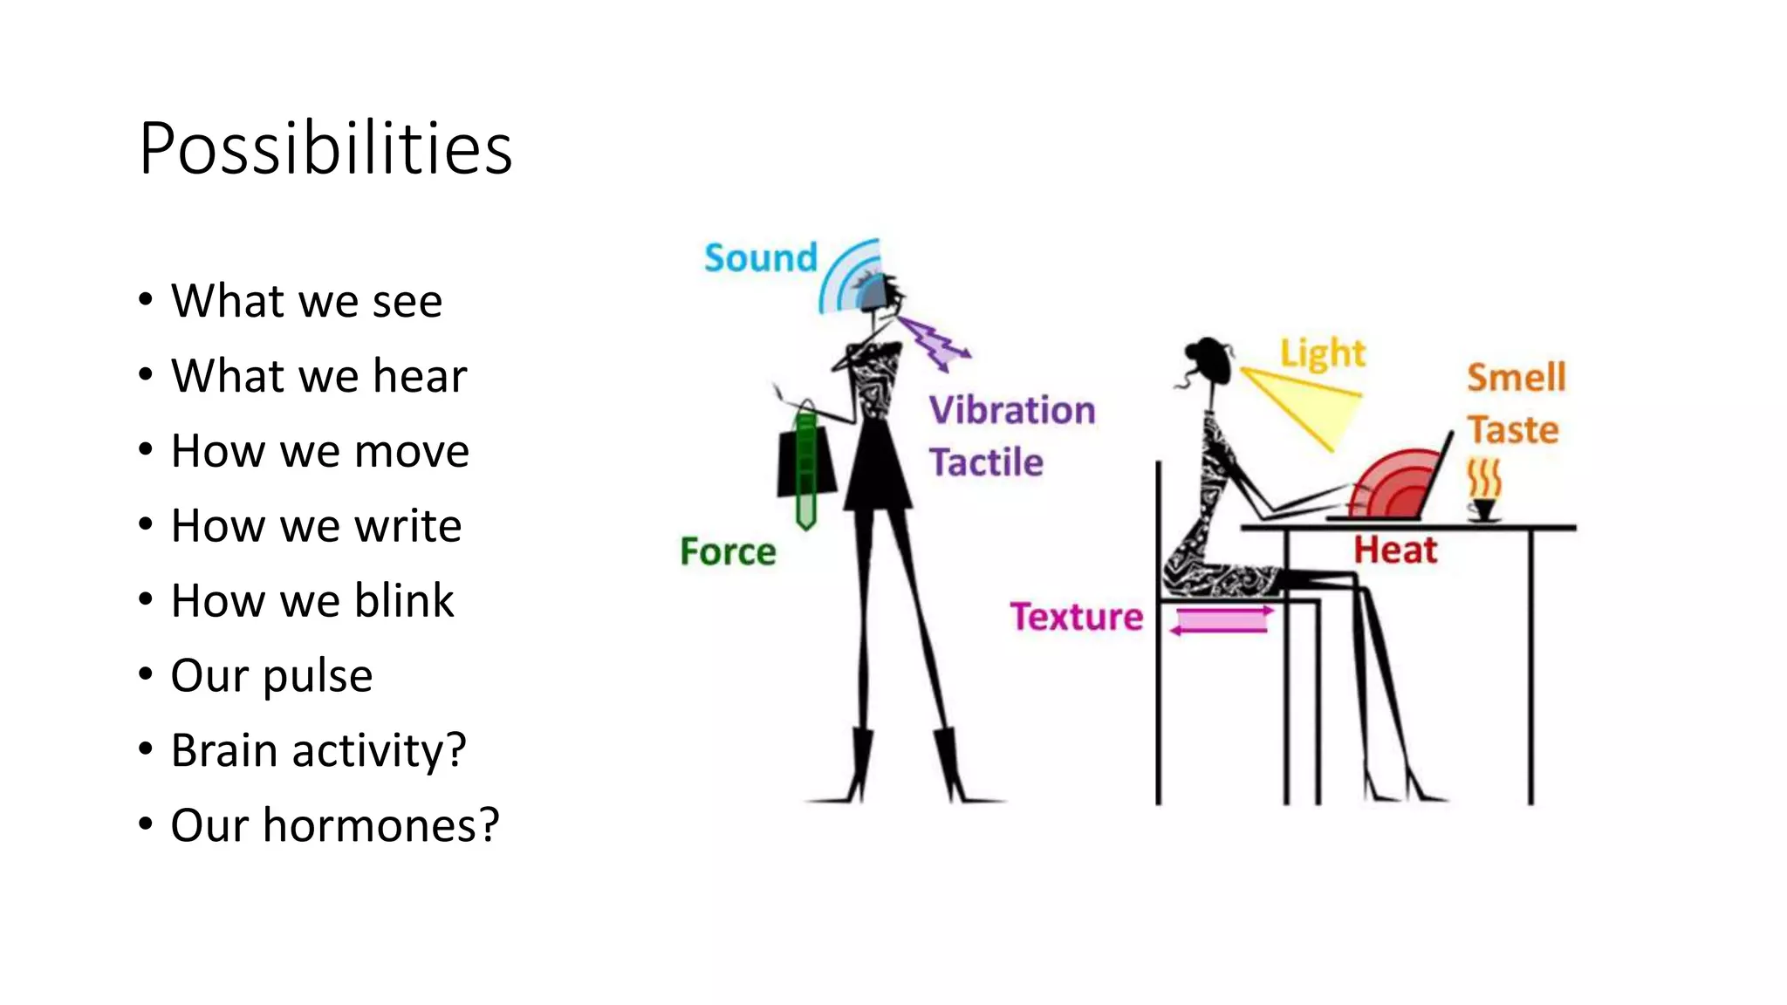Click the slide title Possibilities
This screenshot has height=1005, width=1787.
[x=325, y=148]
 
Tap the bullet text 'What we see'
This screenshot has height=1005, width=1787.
[x=306, y=301]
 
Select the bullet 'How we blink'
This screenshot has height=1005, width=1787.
[x=312, y=600]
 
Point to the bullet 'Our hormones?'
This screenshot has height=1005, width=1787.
[x=334, y=825]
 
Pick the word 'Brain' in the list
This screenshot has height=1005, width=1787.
[x=225, y=750]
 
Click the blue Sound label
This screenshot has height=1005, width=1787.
[x=760, y=258]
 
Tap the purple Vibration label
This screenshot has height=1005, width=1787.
[x=1011, y=410]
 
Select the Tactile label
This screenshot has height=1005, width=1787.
[x=985, y=462]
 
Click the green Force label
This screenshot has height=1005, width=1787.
[x=728, y=551]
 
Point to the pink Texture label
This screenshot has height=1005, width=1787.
[x=1076, y=617]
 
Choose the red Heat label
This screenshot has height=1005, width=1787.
[x=1394, y=550]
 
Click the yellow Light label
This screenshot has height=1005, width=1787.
[x=1322, y=353]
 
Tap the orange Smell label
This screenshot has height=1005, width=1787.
[x=1516, y=378]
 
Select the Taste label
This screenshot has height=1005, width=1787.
[x=1512, y=430]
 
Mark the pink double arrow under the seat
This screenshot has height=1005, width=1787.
[x=1221, y=620]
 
